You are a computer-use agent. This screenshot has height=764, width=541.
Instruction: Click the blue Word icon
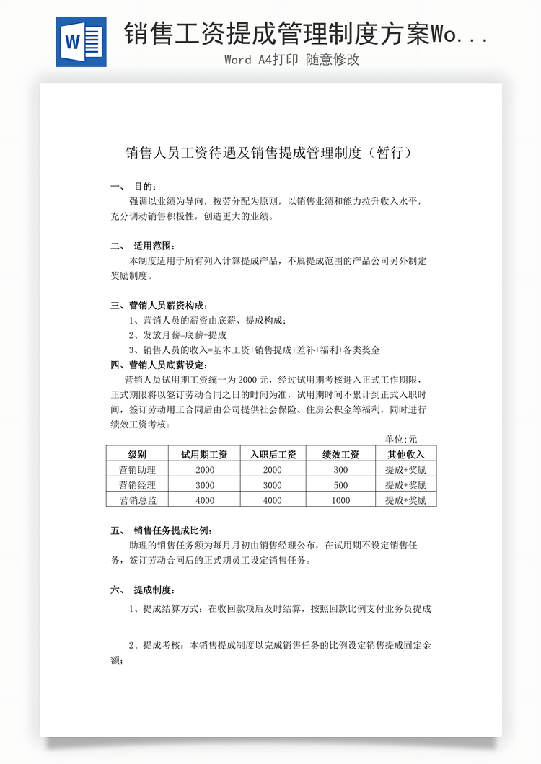[81, 42]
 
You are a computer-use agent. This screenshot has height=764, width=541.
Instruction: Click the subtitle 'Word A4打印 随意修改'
[291, 60]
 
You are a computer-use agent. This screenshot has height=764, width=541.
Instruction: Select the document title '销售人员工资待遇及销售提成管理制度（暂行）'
[270, 153]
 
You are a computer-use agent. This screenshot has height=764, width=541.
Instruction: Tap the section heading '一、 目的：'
[133, 187]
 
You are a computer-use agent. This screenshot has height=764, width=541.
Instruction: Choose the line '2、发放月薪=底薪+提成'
[177, 335]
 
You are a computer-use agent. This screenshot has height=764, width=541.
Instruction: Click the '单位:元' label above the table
[401, 438]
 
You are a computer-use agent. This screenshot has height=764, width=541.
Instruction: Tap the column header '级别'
[137, 454]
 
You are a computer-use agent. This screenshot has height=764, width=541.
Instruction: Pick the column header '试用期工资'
[204, 454]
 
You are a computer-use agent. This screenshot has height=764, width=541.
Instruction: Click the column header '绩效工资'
[340, 454]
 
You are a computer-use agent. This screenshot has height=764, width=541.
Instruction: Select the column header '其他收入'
[406, 454]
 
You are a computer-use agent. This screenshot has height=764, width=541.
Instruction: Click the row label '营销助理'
[137, 470]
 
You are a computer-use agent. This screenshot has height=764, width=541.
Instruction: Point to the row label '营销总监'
[137, 500]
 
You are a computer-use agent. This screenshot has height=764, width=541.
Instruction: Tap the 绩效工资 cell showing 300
[340, 470]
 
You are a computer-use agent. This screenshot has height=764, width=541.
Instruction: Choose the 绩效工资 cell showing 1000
[340, 500]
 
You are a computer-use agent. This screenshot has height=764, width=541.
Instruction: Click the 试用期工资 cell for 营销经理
[204, 485]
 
